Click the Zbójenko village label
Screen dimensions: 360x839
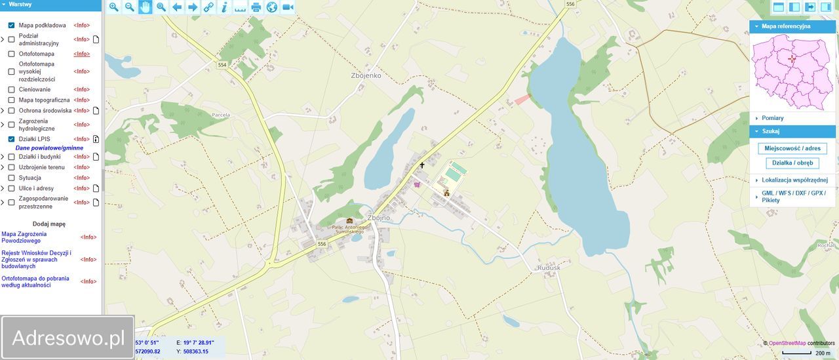pyautogui.click(x=366, y=75)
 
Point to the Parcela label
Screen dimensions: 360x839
pyautogui.click(x=222, y=114)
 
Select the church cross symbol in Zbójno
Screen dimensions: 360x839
pyautogui.click(x=422, y=165)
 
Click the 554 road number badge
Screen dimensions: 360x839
pyautogui.click(x=222, y=65)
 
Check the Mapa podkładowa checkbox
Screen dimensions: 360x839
pyautogui.click(x=11, y=25)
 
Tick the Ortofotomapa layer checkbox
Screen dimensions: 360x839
pyautogui.click(x=11, y=54)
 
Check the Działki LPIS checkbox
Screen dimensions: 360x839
pyautogui.click(x=11, y=139)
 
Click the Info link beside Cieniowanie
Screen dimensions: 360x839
pyautogui.click(x=81, y=89)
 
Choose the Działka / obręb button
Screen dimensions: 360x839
pyautogui.click(x=792, y=163)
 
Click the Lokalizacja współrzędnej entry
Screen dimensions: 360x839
pyautogui.click(x=794, y=180)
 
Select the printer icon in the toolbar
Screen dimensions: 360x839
pyautogui.click(x=256, y=7)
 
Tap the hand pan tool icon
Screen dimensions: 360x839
pyautogui.click(x=145, y=7)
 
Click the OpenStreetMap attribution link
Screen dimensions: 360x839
pyautogui.click(x=787, y=343)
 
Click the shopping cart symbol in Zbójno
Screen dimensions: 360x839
pyautogui.click(x=417, y=185)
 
